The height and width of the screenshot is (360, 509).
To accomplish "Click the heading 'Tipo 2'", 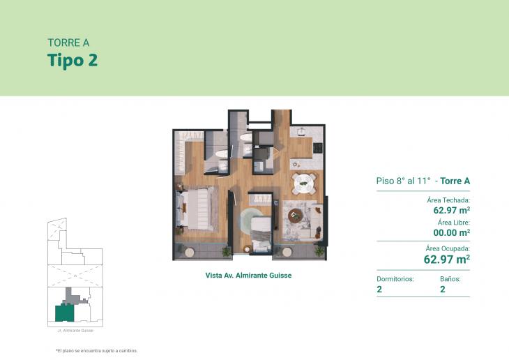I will tap(73, 60).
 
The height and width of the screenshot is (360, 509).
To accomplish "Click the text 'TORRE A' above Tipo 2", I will tap(68, 43).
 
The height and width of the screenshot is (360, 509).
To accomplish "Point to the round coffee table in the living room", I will tap(296, 216).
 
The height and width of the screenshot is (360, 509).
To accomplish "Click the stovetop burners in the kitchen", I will tap(318, 148).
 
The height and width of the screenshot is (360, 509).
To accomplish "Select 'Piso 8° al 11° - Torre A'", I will tap(423, 181).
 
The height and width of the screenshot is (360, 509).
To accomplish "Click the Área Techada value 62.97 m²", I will tap(451, 209).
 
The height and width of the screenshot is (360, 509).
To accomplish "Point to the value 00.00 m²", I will tap(451, 232).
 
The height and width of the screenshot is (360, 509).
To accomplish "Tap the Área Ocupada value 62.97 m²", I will tap(446, 259).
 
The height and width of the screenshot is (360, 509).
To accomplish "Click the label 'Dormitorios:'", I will tap(395, 278).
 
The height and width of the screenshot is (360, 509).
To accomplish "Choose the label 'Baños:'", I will tap(450, 278).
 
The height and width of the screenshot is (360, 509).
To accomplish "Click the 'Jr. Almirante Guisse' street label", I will tap(75, 330).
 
